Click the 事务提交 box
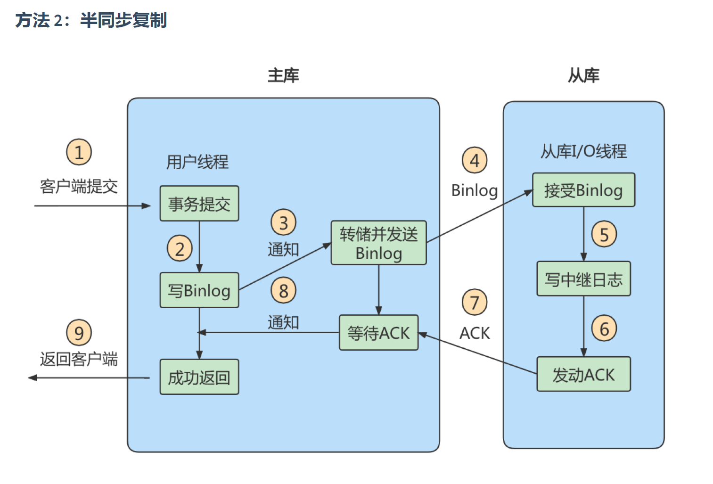pos(199,204)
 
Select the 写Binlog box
pos(199,290)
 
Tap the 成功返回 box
pos(199,377)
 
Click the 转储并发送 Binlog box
pos(378,243)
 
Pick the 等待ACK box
pos(378,333)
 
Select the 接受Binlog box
pos(583,190)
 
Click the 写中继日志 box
pos(583,279)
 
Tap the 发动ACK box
pos(583,374)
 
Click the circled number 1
pos(79,152)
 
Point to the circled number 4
pos(475,160)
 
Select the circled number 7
pos(475,303)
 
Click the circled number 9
pos(79,333)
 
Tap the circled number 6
pos(604,328)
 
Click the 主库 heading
pos(283,75)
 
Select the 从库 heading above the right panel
pos(583,75)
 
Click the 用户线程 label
pos(197,162)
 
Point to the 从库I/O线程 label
pos(583,151)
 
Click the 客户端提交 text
pos(79,187)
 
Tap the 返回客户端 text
pos(79,359)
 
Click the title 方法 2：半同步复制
pos(91,20)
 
